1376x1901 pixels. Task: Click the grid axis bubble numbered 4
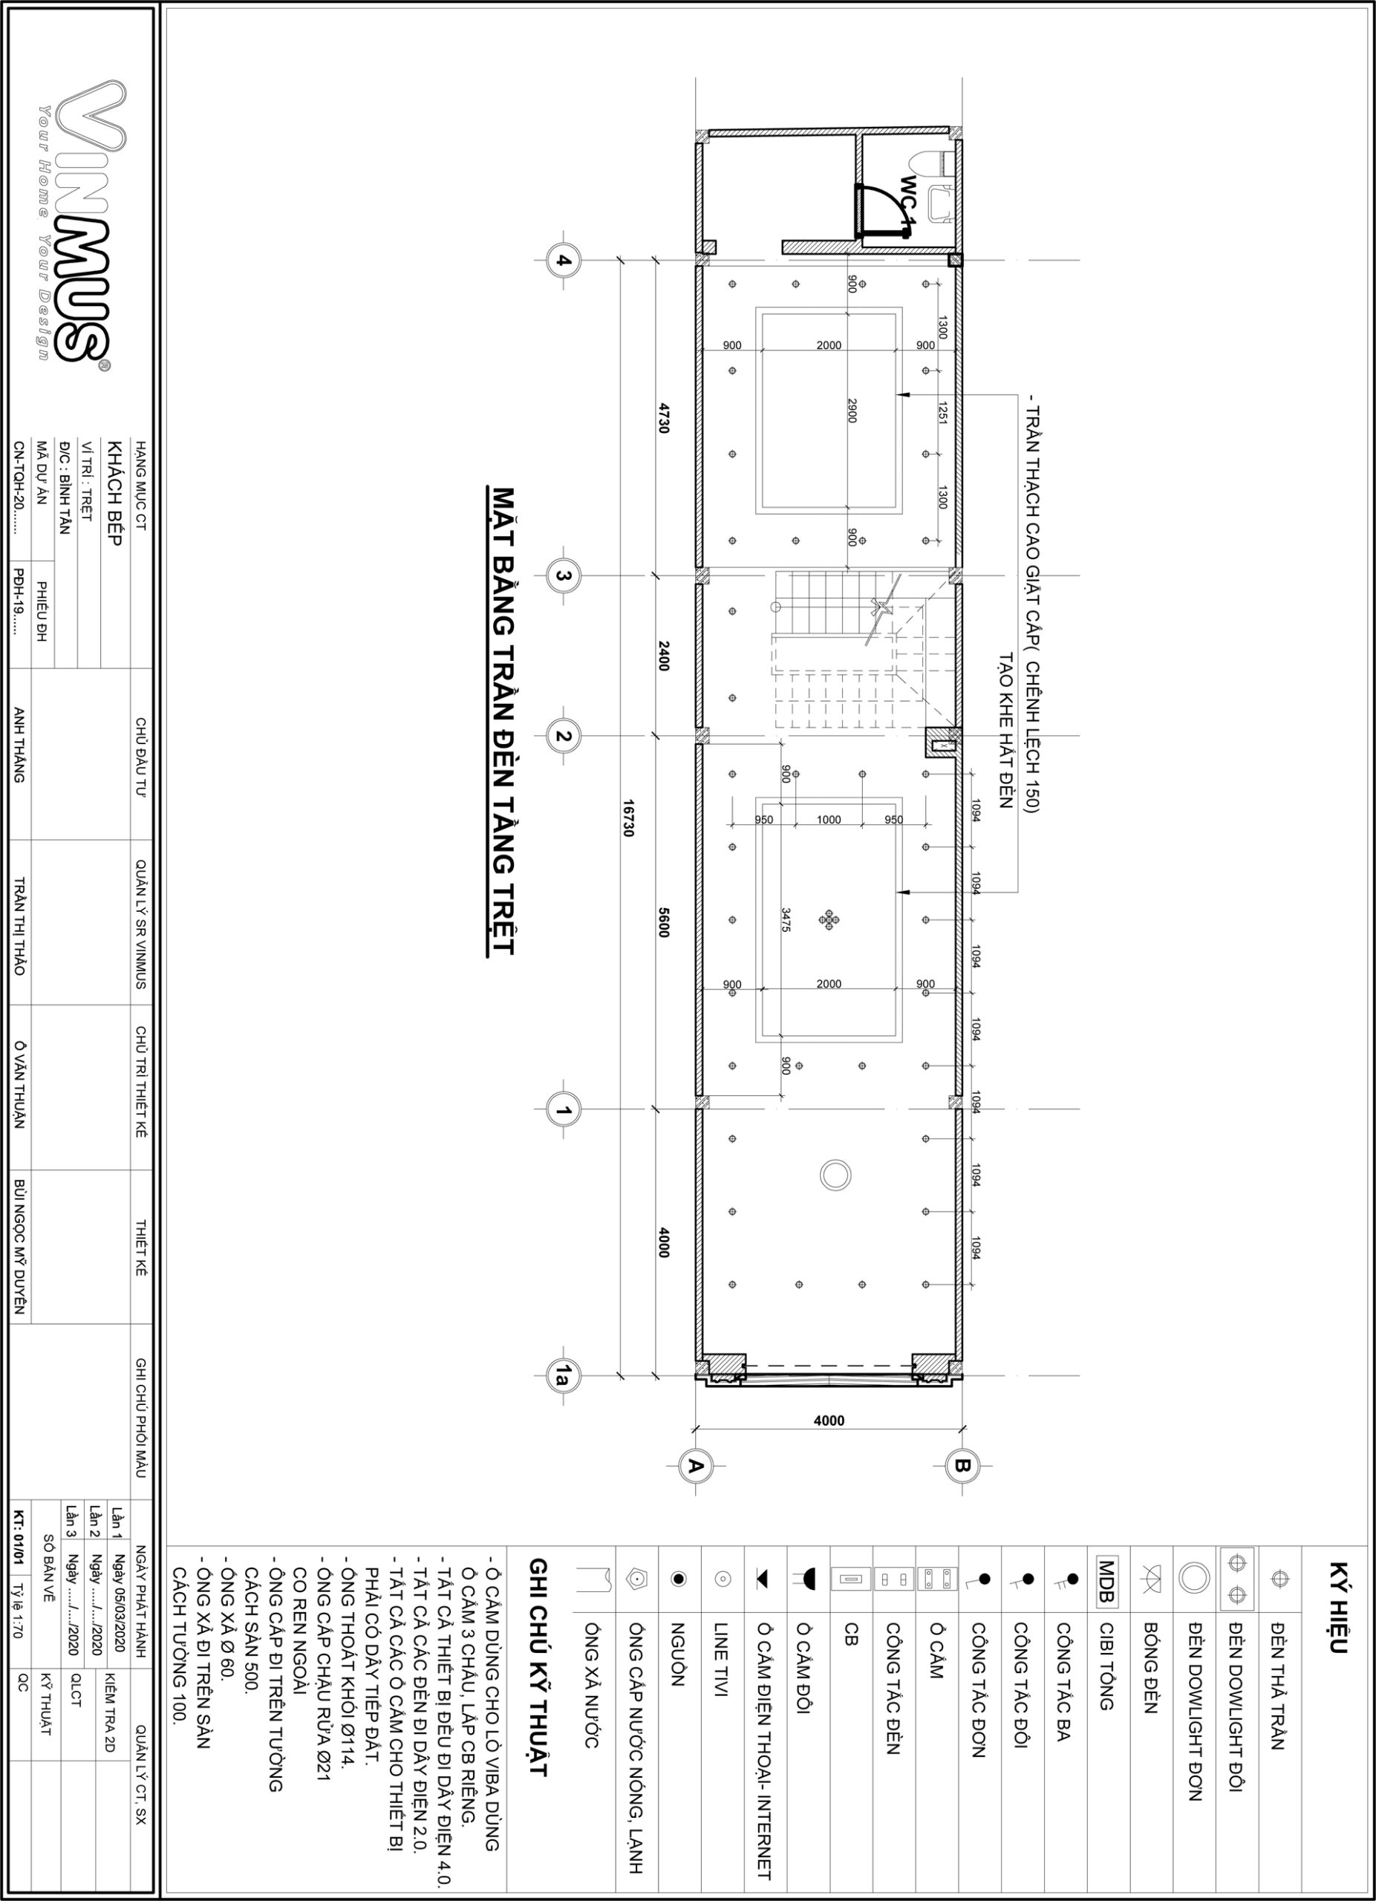[563, 260]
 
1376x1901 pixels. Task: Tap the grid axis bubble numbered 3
[563, 575]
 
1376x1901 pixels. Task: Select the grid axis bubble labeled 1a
[563, 1375]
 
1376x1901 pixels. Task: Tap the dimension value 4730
[664, 417]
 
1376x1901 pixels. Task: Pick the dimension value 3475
[786, 919]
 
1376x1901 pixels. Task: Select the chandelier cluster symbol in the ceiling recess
[829, 919]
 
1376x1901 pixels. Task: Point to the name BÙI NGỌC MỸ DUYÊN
[20, 1245]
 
